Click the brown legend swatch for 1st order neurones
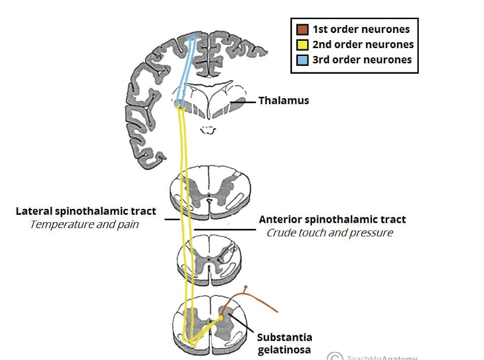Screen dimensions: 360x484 click(x=302, y=30)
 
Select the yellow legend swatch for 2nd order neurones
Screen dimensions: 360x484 click(x=302, y=45)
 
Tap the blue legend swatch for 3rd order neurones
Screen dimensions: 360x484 click(x=302, y=60)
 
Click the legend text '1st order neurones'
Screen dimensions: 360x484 click(x=361, y=30)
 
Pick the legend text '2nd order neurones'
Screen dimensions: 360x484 click(x=363, y=45)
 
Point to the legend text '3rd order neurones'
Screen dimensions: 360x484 click(x=362, y=60)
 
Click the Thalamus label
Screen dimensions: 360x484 click(x=284, y=101)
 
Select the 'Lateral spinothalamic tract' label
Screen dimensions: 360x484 click(x=86, y=212)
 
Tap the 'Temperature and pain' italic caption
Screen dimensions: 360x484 click(x=84, y=224)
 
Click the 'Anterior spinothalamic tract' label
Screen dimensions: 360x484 click(x=332, y=220)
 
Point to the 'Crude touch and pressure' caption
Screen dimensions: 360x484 click(x=330, y=233)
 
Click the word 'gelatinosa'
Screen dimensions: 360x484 click(x=285, y=350)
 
